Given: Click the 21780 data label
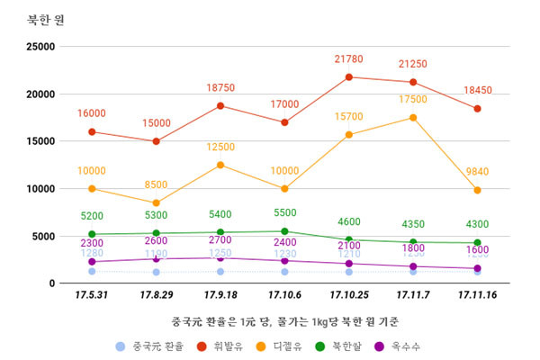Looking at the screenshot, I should click(x=348, y=59).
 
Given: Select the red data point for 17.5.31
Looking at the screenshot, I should click(x=92, y=131).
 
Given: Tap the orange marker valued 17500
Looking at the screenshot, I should click(x=413, y=117).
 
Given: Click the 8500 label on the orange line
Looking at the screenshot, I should click(x=156, y=185).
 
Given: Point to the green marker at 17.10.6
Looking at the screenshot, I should click(x=284, y=231).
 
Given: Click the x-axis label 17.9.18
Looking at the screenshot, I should click(x=220, y=294).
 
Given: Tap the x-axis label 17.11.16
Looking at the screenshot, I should click(x=477, y=294).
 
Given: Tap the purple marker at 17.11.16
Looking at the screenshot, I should click(x=477, y=268).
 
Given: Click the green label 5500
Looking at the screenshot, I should click(x=284, y=212).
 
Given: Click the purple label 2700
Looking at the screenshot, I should click(x=220, y=240).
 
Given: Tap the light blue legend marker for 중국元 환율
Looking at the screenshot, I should click(x=120, y=346).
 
